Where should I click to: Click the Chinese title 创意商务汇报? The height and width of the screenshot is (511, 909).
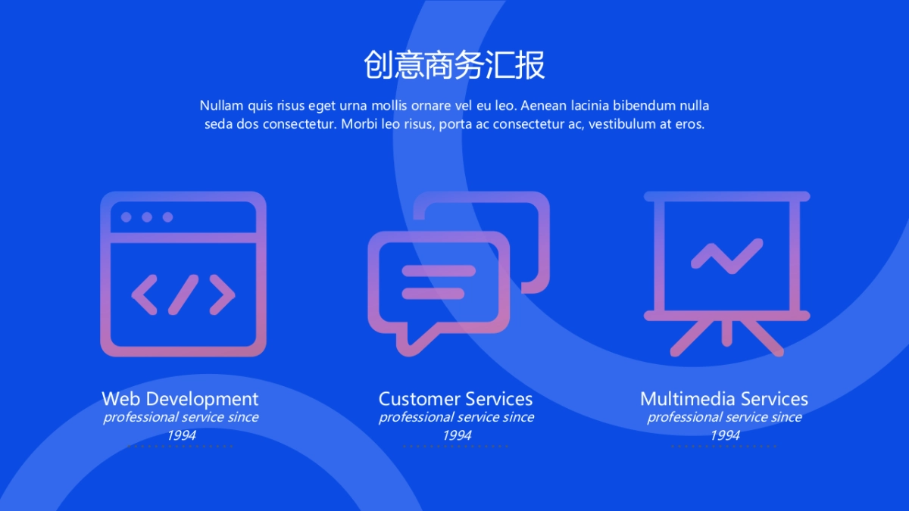(454, 65)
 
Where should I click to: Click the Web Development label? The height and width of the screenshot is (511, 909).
(180, 399)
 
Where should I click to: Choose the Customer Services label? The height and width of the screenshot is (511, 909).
(455, 399)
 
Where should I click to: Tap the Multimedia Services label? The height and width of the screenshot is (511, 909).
(724, 399)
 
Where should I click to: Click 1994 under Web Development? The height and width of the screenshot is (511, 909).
(181, 435)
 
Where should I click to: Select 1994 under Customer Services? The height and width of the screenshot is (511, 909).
(457, 435)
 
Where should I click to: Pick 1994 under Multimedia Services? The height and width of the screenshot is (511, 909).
(725, 435)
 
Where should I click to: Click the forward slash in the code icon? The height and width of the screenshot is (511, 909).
(183, 294)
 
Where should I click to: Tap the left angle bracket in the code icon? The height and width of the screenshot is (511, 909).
(145, 294)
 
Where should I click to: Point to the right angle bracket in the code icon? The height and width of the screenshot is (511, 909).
(222, 294)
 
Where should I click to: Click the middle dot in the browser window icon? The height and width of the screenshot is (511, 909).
(147, 217)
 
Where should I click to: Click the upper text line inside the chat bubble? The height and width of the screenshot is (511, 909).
(439, 271)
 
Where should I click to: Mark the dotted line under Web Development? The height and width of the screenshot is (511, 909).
(180, 446)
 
